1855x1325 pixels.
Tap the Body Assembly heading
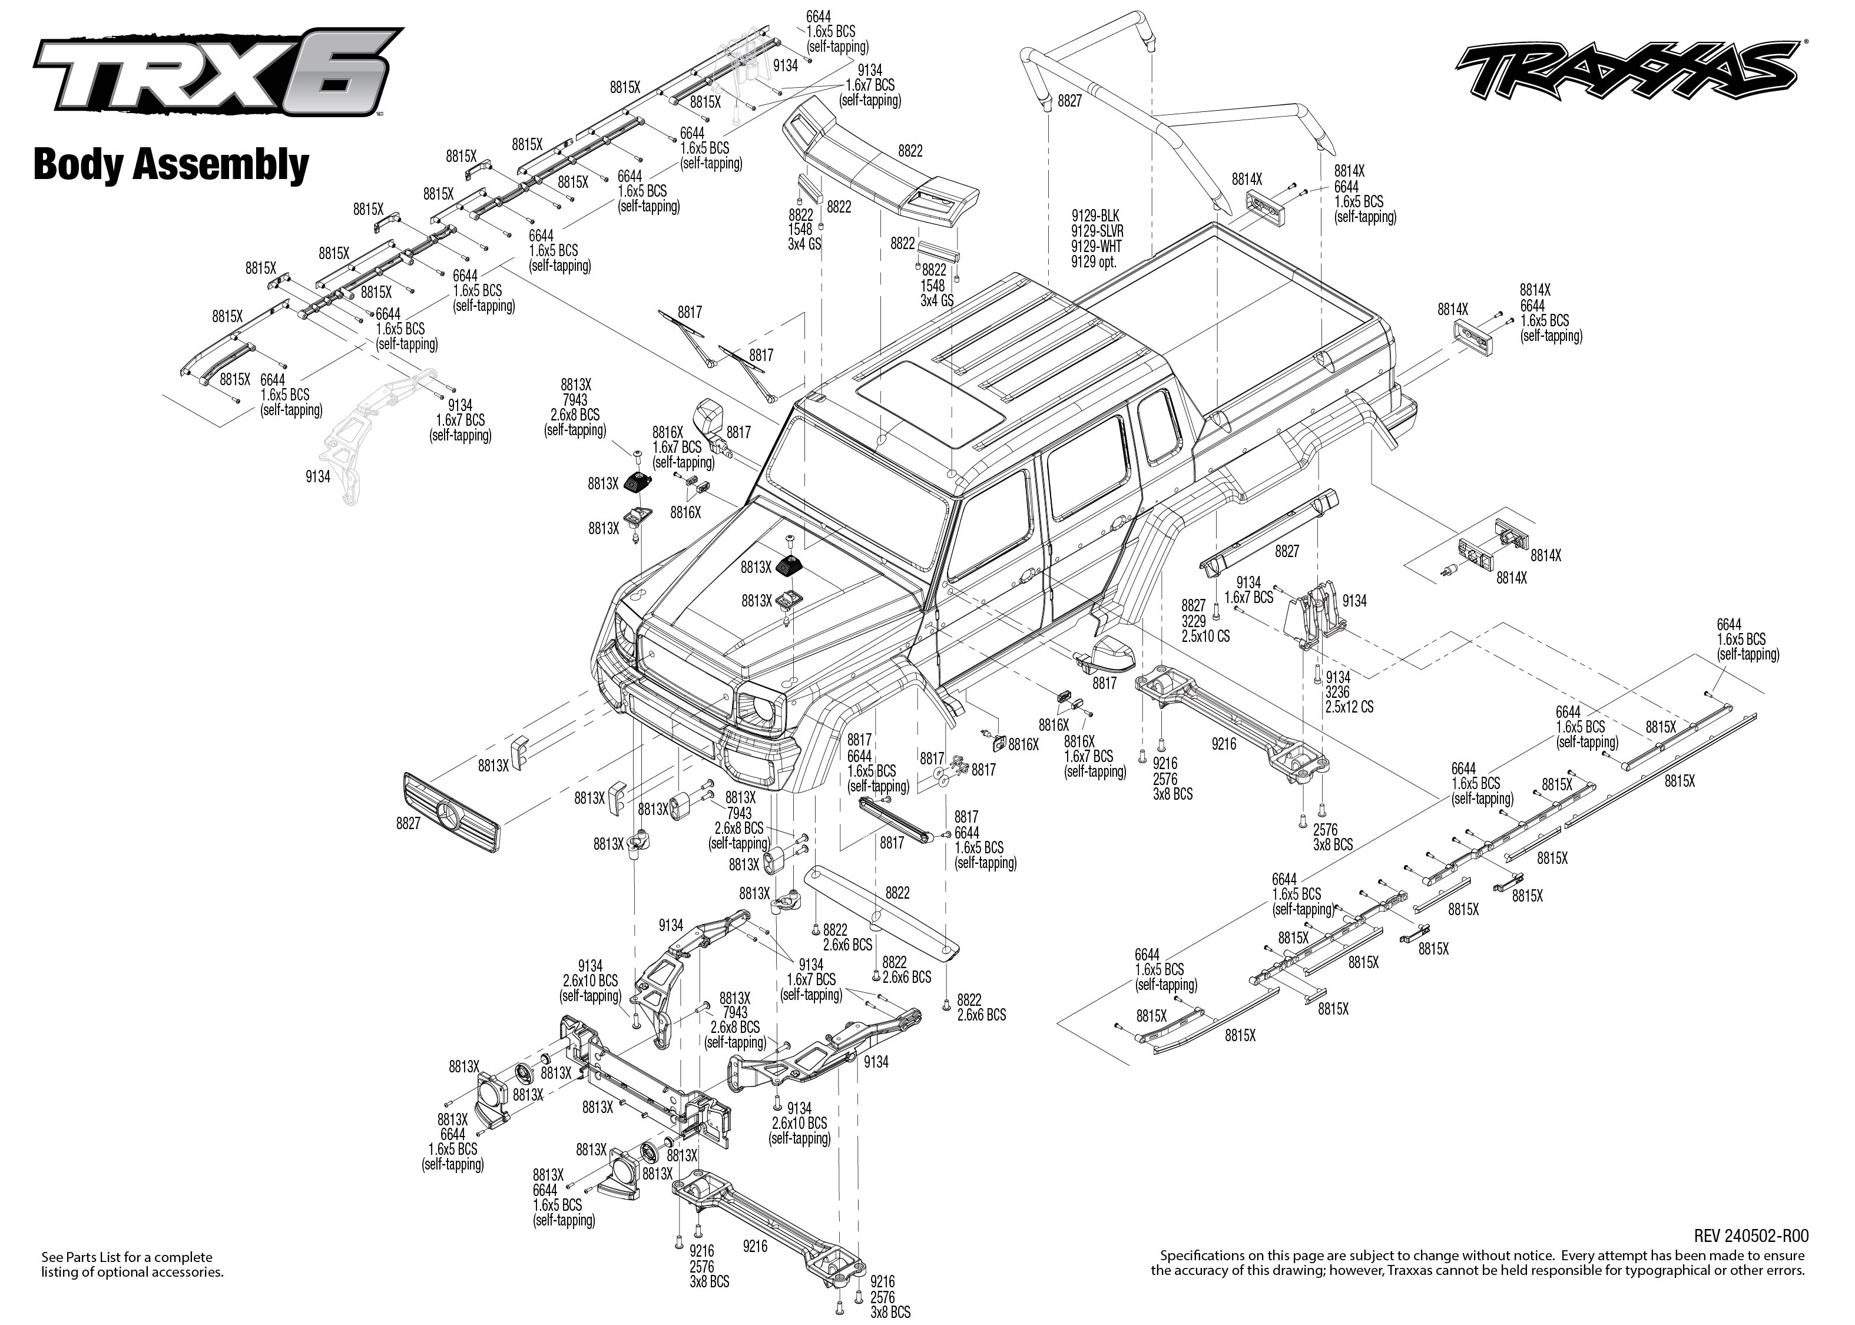coord(171,165)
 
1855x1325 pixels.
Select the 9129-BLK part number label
coord(1095,216)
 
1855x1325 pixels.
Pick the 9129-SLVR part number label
coord(1097,231)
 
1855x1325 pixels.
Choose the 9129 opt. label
coord(1093,262)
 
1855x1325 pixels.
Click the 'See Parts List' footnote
coord(132,1264)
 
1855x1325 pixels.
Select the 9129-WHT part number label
coord(1097,246)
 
